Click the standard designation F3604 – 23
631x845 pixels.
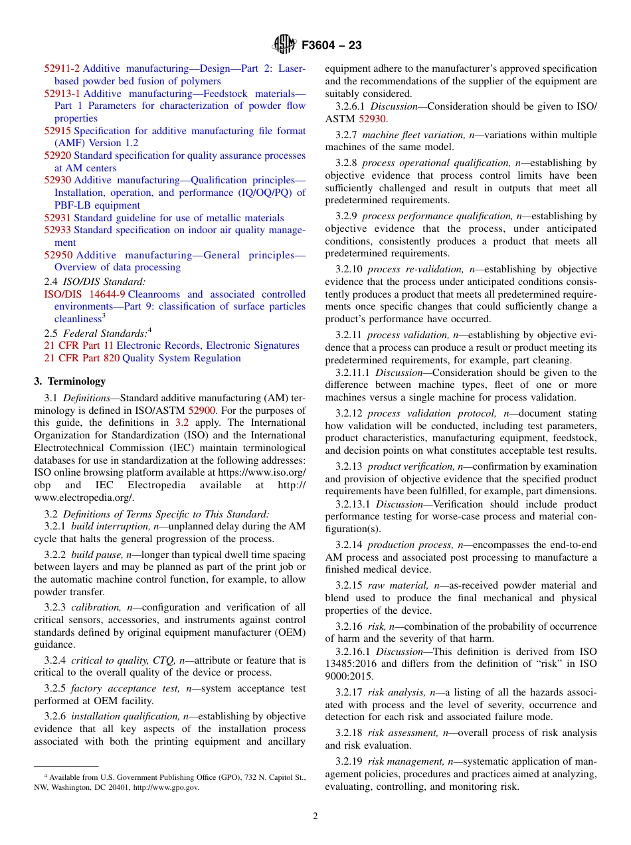[x=331, y=46]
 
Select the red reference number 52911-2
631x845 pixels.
[x=62, y=68]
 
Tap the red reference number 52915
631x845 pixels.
[x=58, y=131]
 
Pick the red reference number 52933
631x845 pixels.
[x=58, y=230]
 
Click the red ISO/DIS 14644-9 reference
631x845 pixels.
[x=84, y=294]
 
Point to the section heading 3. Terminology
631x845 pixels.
[x=70, y=381]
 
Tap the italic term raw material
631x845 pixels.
[x=398, y=585]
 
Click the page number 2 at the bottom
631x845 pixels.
[x=315, y=816]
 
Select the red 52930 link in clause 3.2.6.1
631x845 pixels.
[x=372, y=119]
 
